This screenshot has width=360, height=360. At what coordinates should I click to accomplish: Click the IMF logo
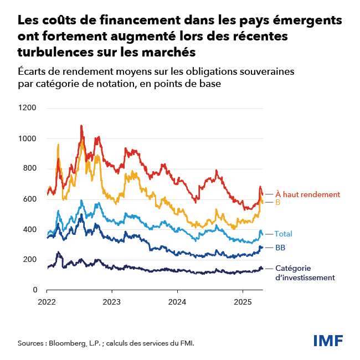[328, 340]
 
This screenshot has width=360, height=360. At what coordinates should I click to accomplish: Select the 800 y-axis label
[29, 168]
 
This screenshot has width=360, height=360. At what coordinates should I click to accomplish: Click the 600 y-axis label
[29, 199]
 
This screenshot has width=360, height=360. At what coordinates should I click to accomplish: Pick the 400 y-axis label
[29, 229]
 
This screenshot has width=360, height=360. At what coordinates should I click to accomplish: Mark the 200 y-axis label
[29, 260]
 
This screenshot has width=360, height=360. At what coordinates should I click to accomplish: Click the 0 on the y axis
[34, 290]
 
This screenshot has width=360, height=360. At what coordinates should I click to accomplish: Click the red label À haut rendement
[307, 194]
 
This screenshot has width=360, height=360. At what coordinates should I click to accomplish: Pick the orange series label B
[278, 203]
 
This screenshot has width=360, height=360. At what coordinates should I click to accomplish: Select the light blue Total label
[284, 234]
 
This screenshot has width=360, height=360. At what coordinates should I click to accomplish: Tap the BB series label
[280, 248]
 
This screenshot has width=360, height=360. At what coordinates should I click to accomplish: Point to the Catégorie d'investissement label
[305, 272]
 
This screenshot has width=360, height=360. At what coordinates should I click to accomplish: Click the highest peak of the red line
[81, 126]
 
